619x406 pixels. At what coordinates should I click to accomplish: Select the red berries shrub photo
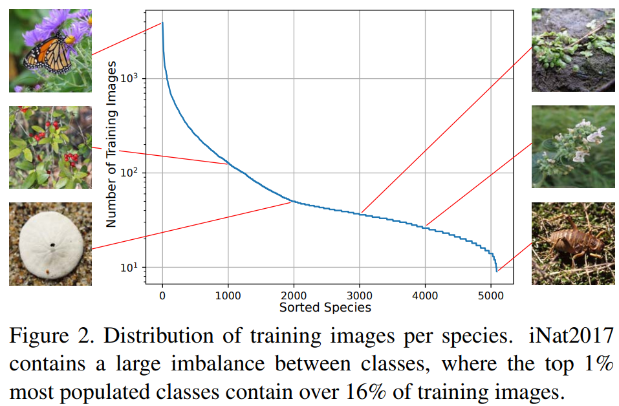50,147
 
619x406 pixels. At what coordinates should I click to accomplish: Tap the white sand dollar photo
50,244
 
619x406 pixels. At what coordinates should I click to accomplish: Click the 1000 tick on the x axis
228,295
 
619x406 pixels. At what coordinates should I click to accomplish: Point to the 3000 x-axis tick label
359,295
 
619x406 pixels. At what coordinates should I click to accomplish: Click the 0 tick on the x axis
162,295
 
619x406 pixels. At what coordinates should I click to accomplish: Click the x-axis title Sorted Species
325,307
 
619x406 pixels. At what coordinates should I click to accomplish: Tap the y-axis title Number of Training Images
111,144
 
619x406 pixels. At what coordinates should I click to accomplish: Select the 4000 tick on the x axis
425,295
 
